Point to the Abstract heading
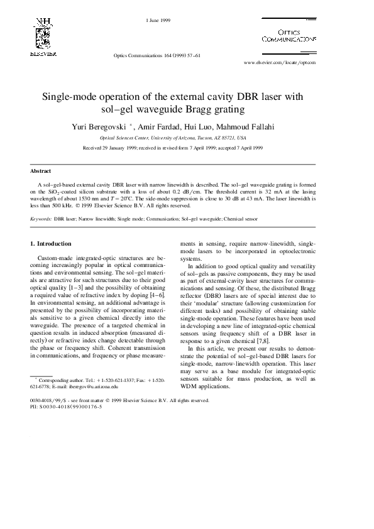click(41, 170)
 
